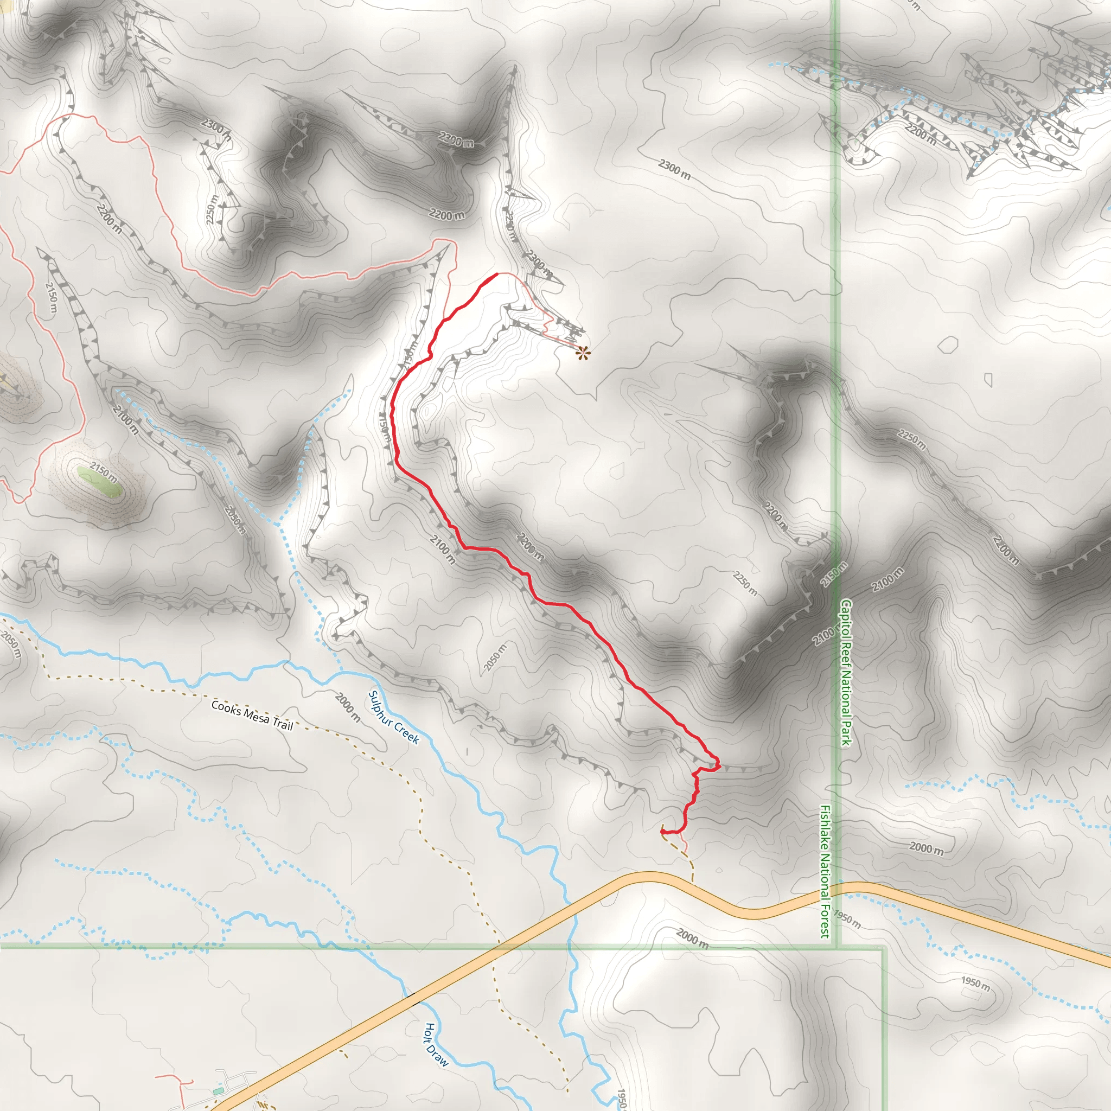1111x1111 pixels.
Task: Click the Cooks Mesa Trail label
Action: point(252,715)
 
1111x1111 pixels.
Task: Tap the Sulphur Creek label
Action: point(393,717)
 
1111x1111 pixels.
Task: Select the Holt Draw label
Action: point(436,1045)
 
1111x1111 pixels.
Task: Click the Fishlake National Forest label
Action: point(825,871)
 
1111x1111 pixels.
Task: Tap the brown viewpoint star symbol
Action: point(583,353)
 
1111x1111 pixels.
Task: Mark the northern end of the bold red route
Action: point(496,274)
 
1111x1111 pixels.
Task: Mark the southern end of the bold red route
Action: point(662,831)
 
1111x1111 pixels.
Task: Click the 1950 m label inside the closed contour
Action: point(975,983)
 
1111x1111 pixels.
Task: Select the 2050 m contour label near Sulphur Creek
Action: point(495,657)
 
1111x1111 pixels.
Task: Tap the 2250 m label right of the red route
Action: point(745,583)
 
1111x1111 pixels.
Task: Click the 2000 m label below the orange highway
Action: point(692,938)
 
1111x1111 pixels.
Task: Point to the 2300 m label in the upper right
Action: point(674,169)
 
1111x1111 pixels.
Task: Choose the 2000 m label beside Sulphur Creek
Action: point(348,708)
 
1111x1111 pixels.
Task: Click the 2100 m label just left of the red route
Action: point(443,550)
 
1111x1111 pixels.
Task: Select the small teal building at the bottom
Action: point(217,1091)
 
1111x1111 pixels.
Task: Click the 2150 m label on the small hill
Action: point(104,473)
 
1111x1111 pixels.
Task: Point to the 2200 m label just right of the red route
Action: point(530,547)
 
